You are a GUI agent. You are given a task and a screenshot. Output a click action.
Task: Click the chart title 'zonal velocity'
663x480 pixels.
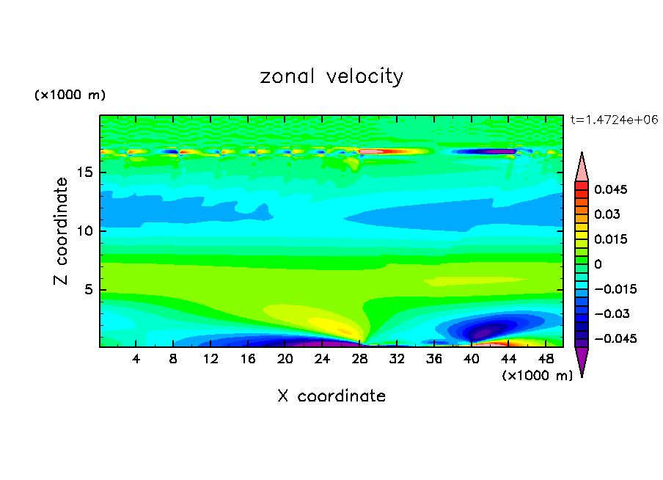coord(331,76)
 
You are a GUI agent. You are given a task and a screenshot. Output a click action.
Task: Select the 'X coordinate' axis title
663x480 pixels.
coord(331,396)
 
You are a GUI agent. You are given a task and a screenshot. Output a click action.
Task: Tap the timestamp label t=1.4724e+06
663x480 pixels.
coord(614,119)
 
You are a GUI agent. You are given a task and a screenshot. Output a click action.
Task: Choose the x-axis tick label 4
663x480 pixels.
coord(136,359)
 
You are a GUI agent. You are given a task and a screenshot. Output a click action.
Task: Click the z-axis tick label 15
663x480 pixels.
coord(86,173)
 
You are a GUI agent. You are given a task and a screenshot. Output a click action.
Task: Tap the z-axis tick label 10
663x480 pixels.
coord(86,231)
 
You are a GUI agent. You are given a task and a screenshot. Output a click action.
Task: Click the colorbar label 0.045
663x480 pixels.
coord(608,189)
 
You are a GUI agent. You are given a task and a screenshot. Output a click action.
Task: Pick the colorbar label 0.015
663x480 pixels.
coord(608,239)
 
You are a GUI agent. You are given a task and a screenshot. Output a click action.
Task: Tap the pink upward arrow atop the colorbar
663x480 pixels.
coord(582,167)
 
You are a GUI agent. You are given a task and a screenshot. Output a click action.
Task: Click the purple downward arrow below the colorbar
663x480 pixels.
coord(582,362)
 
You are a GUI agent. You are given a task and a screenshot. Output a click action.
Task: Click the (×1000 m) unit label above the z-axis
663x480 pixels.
coord(70,95)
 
